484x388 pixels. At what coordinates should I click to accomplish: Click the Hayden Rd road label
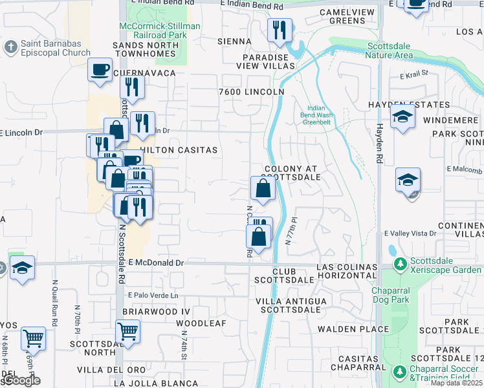point(380,143)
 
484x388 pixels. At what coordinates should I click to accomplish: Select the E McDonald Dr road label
point(156,263)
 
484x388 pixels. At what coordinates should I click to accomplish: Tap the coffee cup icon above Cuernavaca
point(100,69)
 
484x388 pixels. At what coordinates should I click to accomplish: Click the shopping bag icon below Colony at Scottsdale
point(263,189)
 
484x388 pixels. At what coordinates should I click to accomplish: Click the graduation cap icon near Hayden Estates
point(402,118)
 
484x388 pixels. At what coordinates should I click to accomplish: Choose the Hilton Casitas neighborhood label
point(179,149)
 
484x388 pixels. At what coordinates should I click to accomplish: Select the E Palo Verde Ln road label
point(153,296)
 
